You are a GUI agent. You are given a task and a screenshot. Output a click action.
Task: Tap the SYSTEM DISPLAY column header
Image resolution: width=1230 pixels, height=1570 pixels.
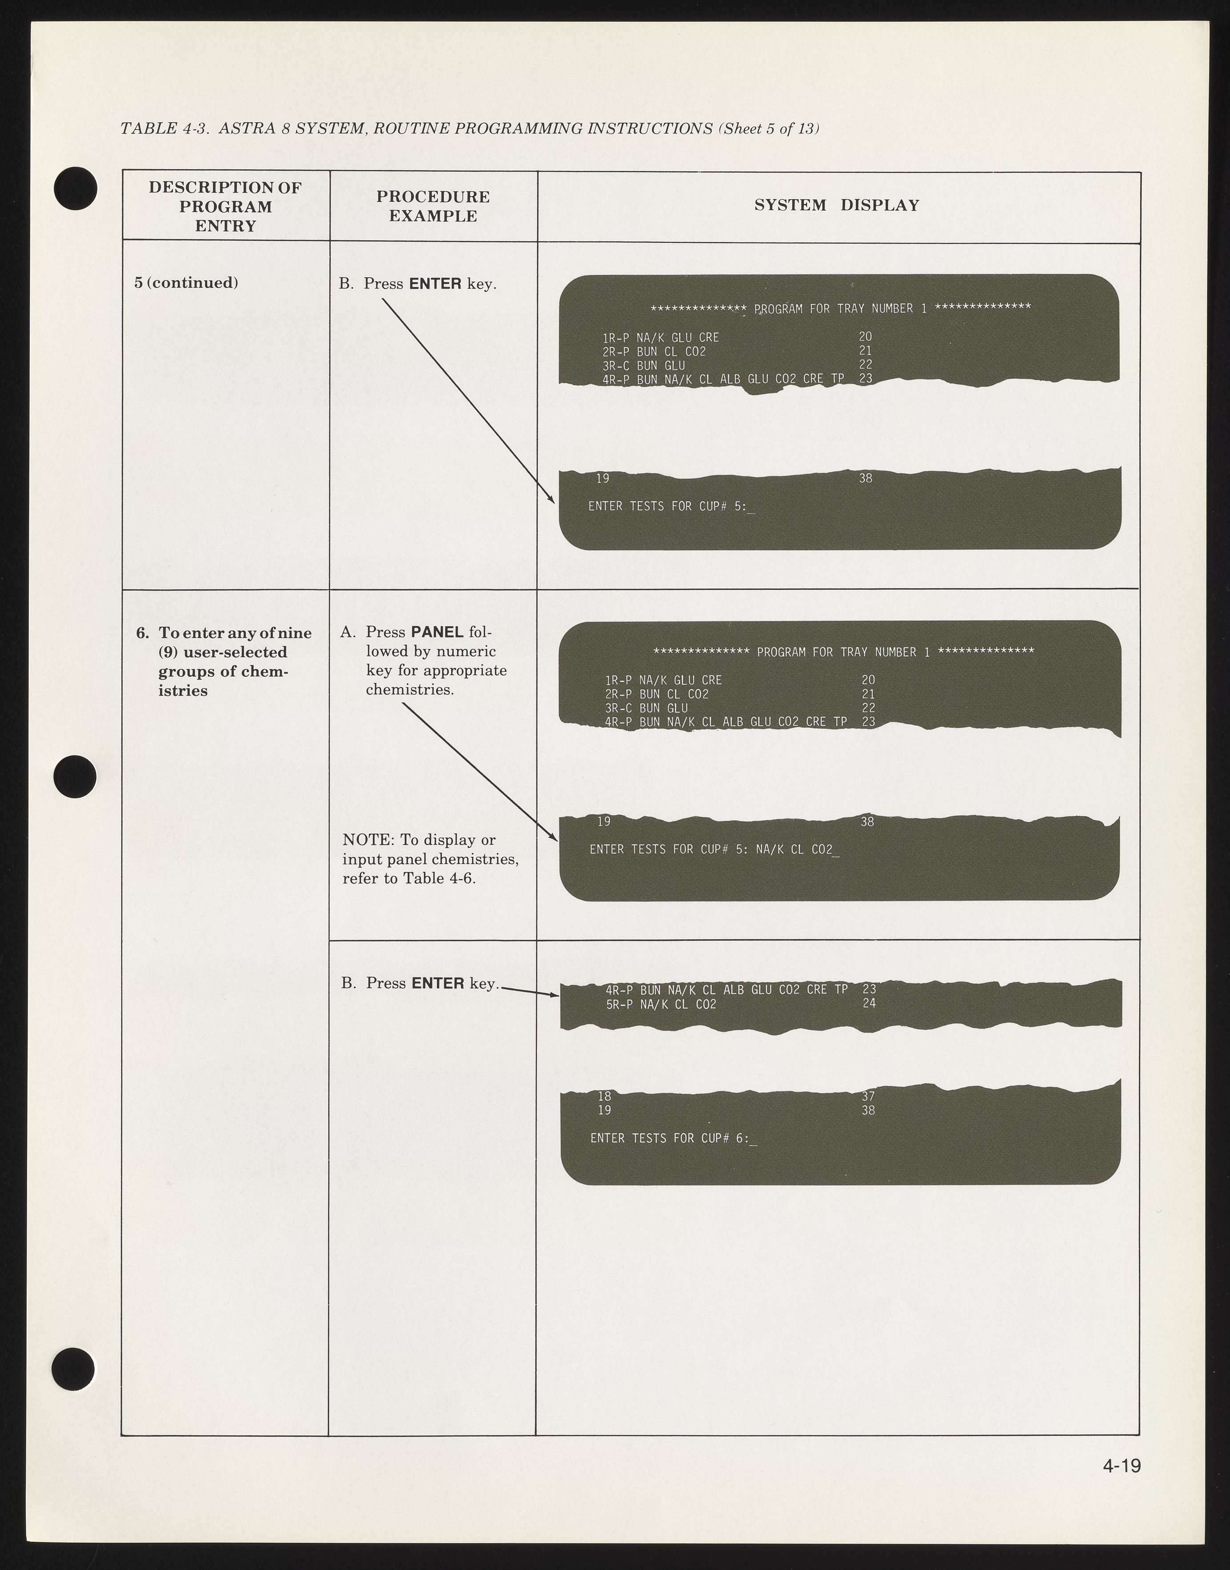click(x=837, y=205)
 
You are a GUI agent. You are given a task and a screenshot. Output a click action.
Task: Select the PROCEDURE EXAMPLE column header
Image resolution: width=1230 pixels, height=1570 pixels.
click(x=433, y=207)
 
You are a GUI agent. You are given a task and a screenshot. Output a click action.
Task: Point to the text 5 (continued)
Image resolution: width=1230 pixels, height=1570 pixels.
click(x=186, y=283)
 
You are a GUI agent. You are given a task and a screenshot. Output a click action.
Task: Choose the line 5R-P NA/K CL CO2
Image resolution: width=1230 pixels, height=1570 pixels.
click(x=661, y=1004)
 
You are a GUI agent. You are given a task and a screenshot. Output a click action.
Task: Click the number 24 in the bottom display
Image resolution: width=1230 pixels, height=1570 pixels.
click(x=869, y=1003)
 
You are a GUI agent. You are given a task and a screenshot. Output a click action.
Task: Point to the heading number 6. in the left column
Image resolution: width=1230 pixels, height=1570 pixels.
click(x=143, y=633)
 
